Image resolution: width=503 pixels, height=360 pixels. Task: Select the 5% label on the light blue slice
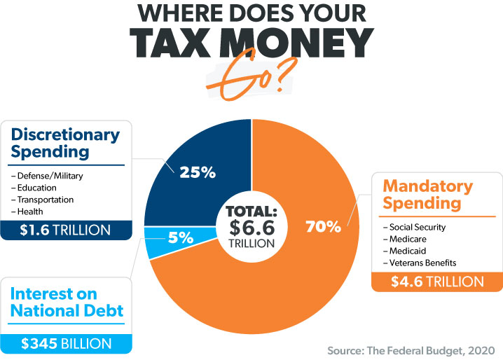[180, 237]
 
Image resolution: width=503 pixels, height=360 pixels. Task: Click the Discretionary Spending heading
[67, 141]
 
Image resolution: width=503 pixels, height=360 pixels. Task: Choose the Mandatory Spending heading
[427, 195]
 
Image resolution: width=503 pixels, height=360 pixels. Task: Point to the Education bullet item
[36, 188]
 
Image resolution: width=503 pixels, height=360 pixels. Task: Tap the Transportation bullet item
[43, 200]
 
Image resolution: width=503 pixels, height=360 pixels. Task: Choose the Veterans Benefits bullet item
[419, 263]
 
